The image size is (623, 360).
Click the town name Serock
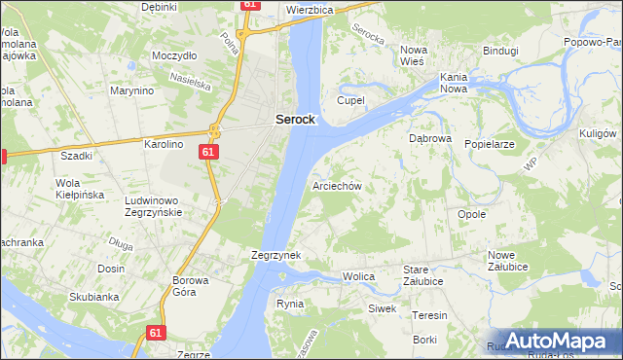[295, 119]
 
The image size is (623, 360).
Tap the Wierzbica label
[311, 10]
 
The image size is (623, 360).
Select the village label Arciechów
[337, 185]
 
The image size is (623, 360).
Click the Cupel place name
[350, 100]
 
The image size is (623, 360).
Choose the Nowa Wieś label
[415, 55]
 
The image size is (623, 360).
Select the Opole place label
[471, 214]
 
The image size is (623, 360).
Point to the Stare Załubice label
[423, 275]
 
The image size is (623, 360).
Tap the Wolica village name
[359, 277]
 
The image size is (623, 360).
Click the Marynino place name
[132, 91]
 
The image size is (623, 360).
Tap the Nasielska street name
[191, 80]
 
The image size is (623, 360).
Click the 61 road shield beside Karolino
[210, 153]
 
